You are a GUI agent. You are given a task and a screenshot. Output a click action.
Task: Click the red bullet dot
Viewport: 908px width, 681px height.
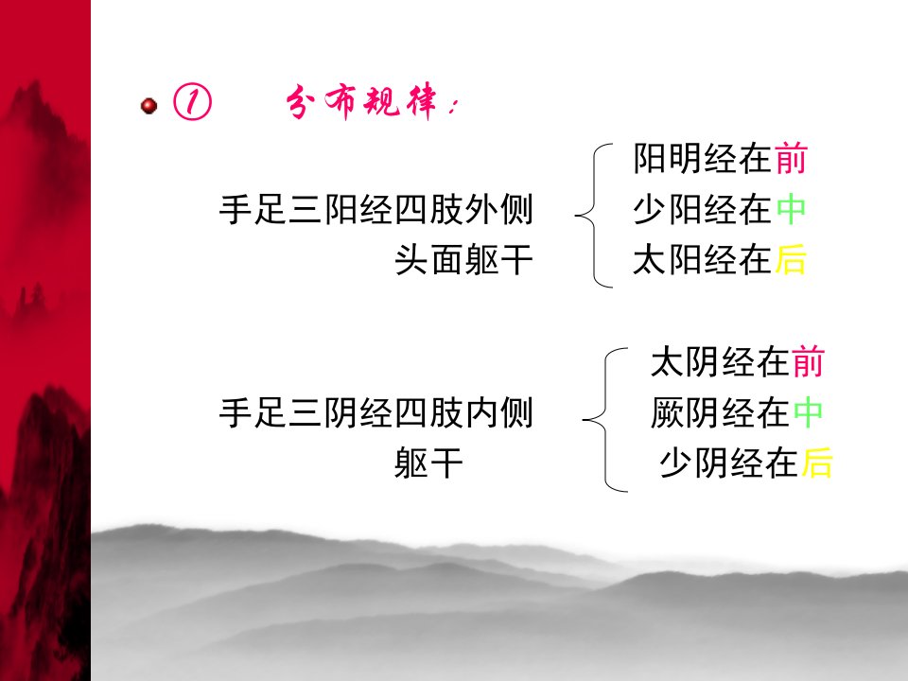point(148,106)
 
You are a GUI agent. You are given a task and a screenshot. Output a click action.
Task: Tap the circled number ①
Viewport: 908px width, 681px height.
point(192,102)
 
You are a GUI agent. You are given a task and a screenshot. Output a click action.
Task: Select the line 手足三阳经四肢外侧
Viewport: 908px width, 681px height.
point(375,209)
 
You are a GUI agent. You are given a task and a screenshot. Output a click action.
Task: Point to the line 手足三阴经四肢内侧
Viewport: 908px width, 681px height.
point(375,413)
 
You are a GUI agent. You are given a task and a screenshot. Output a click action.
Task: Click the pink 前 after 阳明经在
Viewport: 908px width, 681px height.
point(791,158)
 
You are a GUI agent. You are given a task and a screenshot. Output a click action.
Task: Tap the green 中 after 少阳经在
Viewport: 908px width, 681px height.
point(791,209)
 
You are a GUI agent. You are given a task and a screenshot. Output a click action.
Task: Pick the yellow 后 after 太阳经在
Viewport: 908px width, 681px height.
point(791,259)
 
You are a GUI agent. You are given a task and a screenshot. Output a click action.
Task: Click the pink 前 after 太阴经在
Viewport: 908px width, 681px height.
point(808,362)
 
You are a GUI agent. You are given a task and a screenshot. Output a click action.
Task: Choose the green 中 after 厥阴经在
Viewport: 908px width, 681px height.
point(808,413)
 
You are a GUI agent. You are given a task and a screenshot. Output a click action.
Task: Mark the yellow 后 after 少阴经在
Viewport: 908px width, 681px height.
point(816,463)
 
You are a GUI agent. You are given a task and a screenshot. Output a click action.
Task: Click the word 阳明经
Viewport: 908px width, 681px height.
point(685,158)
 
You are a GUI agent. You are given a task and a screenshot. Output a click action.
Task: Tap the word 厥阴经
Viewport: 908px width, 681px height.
point(703,413)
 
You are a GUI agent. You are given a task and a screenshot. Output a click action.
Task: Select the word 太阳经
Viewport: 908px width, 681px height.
point(685,259)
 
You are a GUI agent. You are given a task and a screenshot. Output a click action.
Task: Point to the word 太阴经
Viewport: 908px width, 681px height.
point(703,362)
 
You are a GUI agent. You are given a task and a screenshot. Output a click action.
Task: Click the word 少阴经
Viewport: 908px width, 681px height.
point(711,463)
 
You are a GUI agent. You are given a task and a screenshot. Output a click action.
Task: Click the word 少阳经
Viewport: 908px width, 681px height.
point(685,209)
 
